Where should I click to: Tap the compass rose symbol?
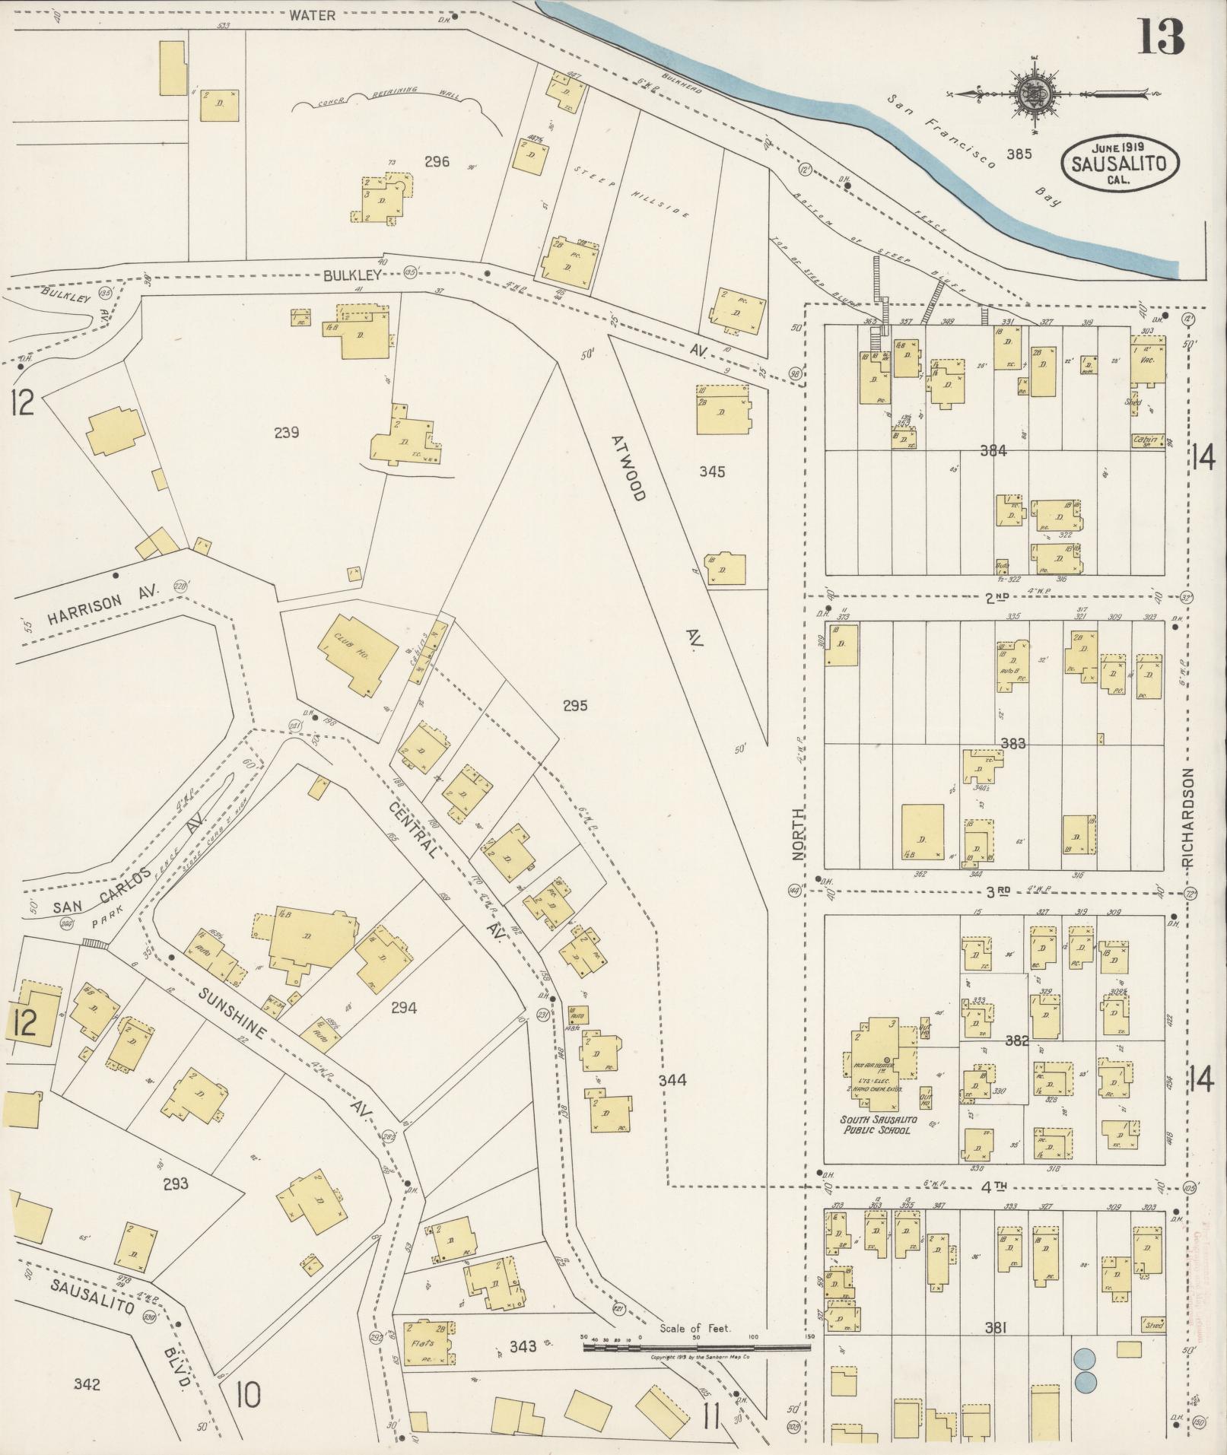pyautogui.click(x=1035, y=94)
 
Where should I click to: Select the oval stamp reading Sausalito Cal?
pyautogui.click(x=1121, y=163)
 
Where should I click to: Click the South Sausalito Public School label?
pyautogui.click(x=879, y=1125)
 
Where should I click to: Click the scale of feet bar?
pyautogui.click(x=696, y=814)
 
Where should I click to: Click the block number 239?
pyautogui.click(x=286, y=433)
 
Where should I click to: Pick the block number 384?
pyautogui.click(x=993, y=451)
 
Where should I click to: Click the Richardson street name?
pyautogui.click(x=1189, y=818)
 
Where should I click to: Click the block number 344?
pyautogui.click(x=673, y=1079)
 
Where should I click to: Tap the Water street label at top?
pyautogui.click(x=311, y=14)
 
